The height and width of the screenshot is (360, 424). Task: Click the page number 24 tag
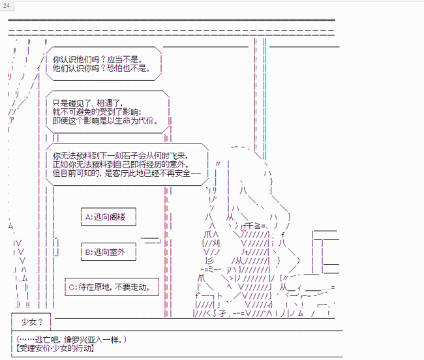pyautogui.click(x=7, y=5)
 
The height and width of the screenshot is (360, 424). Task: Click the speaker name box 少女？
pyautogui.click(x=31, y=322)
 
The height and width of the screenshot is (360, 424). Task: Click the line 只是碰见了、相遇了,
pyautogui.click(x=87, y=103)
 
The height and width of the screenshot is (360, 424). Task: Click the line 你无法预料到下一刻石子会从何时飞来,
pyautogui.click(x=119, y=155)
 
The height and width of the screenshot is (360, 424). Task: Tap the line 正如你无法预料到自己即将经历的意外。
pyautogui.click(x=119, y=164)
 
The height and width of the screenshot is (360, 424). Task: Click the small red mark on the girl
pyautogui.click(x=243, y=230)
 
